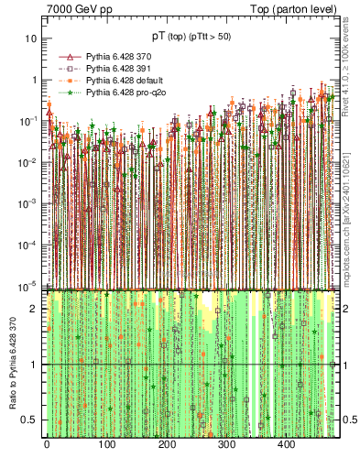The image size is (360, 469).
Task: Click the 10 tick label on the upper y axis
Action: [x=31, y=39]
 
